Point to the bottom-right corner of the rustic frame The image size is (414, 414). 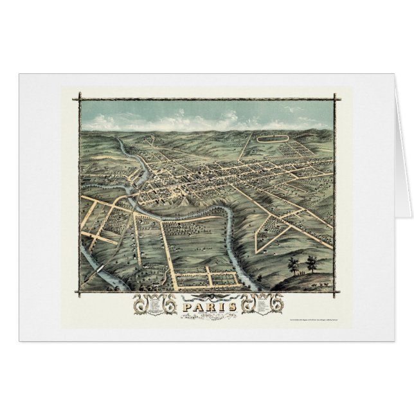click(336, 292)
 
